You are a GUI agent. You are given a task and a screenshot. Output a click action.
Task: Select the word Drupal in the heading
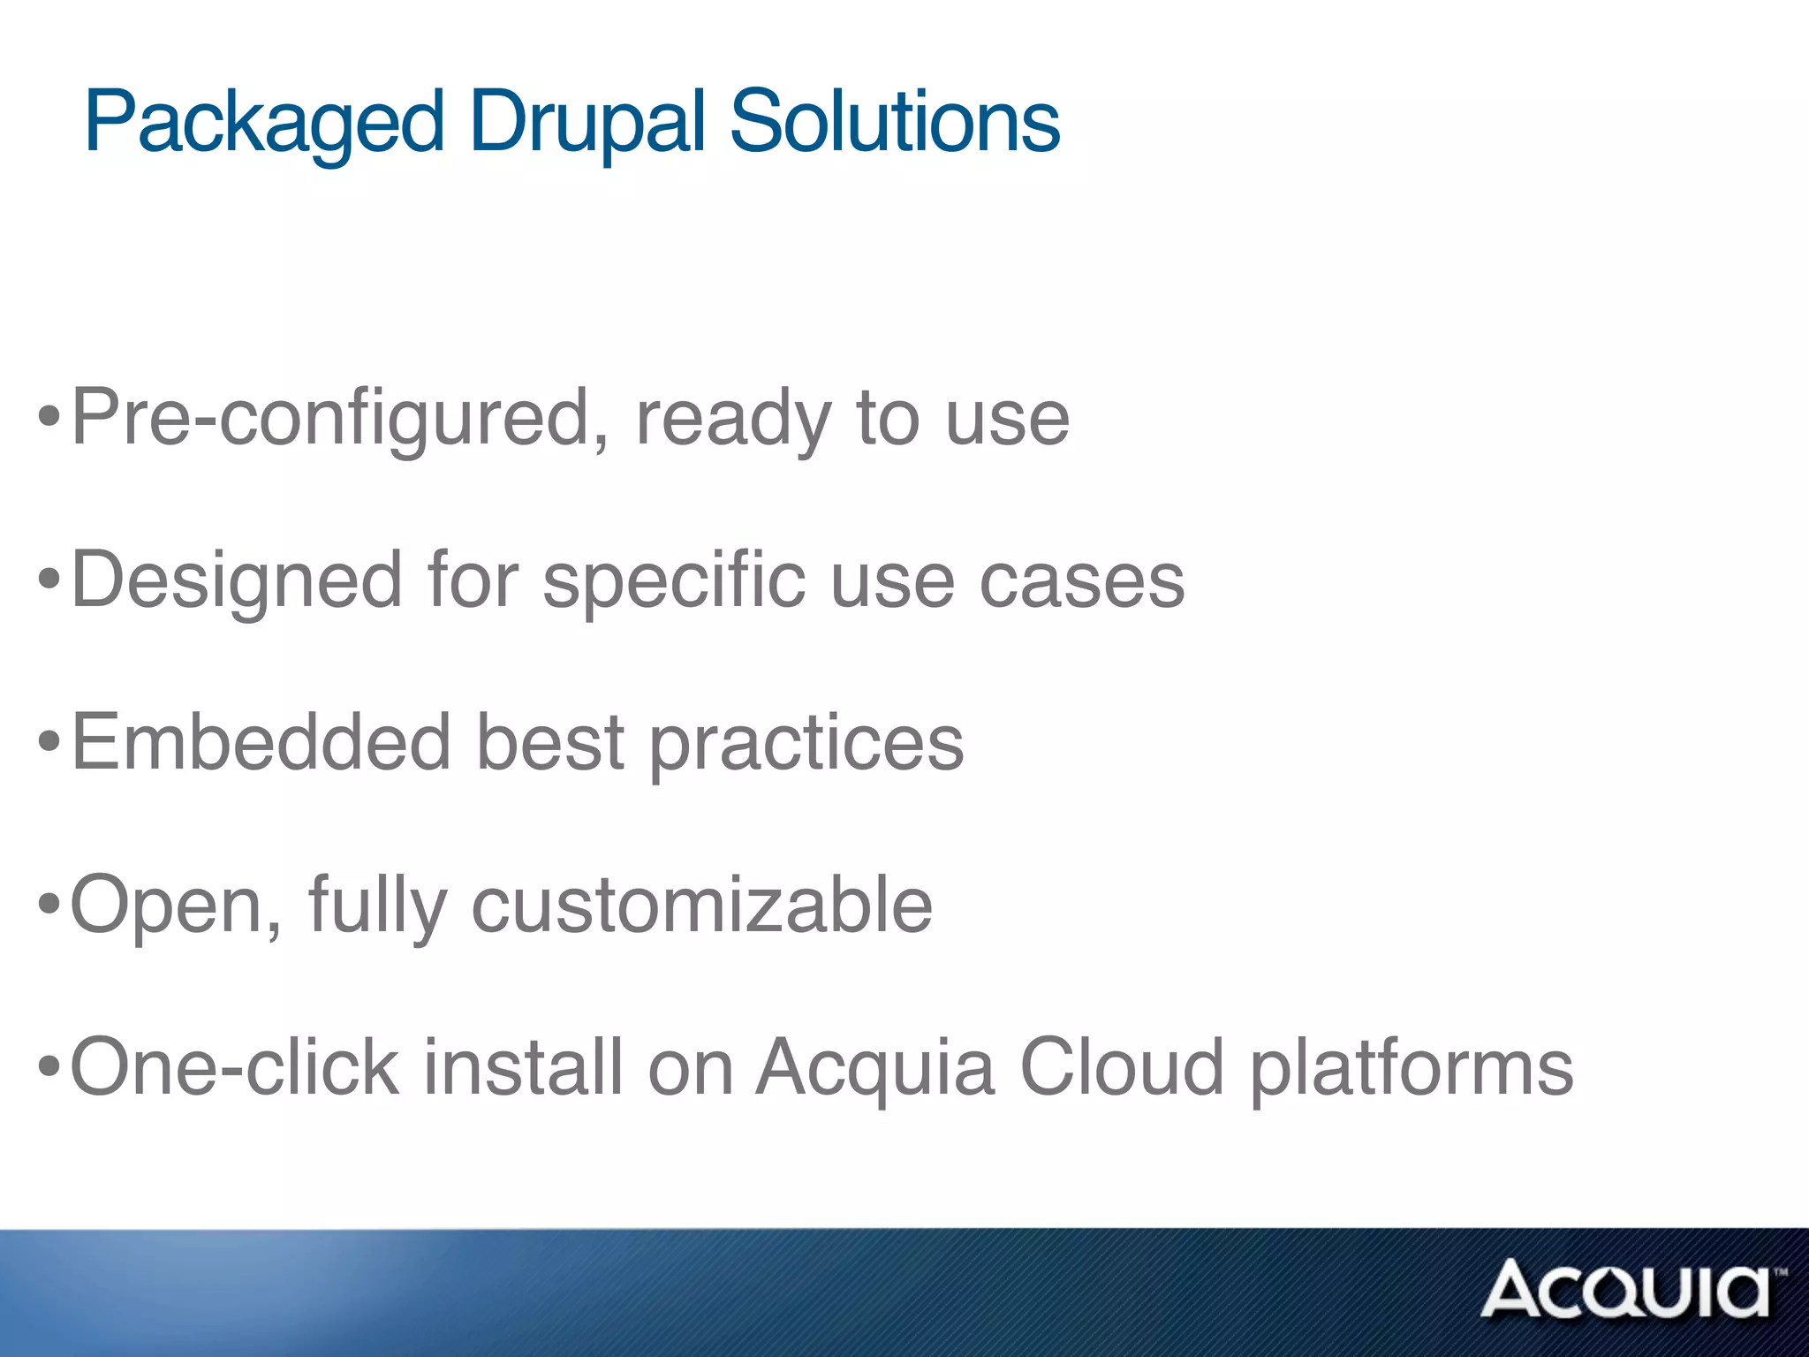click(x=588, y=124)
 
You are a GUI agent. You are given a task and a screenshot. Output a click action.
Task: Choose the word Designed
click(x=237, y=581)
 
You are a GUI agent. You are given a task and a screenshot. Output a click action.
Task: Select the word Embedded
click(x=261, y=742)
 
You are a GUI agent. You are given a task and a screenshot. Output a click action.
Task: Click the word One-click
click(x=234, y=1067)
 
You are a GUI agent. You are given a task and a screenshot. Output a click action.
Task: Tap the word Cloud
click(x=1121, y=1067)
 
